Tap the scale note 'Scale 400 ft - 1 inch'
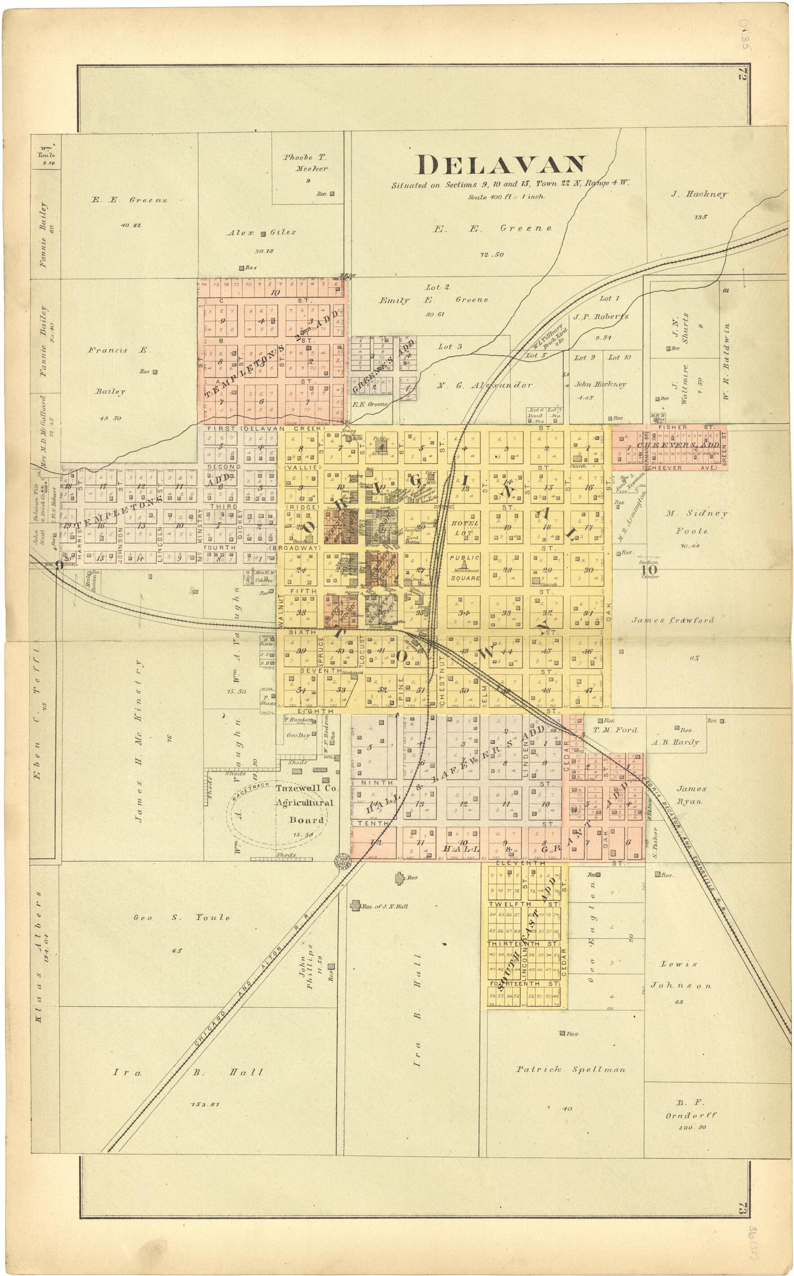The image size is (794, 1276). coord(506,197)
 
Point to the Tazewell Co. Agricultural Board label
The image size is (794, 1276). coord(307,804)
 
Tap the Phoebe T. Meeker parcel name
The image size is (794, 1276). coord(305,163)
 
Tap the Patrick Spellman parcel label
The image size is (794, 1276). coord(570,1069)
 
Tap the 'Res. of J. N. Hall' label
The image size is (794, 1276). coord(383,906)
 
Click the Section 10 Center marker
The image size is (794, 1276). coord(649,569)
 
